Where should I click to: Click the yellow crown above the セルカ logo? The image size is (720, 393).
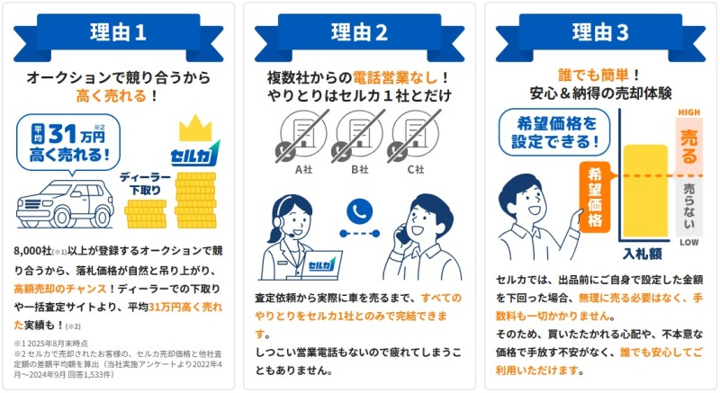tap(195, 128)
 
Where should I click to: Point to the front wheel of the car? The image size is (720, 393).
tap(61, 217)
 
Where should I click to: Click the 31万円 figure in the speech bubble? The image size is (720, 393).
tap(76, 134)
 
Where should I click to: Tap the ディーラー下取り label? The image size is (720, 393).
tap(145, 183)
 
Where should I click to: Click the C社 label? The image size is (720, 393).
tap(416, 170)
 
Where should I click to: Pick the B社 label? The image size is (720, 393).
tap(359, 170)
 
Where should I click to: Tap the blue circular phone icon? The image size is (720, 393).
tap(359, 211)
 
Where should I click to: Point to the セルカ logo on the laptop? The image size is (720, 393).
tap(321, 264)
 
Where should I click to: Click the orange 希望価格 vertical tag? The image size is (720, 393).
tap(595, 197)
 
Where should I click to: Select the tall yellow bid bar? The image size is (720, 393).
tap(645, 191)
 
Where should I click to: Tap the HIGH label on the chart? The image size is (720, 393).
tap(688, 112)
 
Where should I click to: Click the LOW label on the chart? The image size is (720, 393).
tap(688, 242)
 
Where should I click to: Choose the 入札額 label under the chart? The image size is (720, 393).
tap(643, 254)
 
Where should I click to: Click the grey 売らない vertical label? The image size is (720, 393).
tap(688, 206)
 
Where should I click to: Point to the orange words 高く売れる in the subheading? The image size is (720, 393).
tap(111, 96)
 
